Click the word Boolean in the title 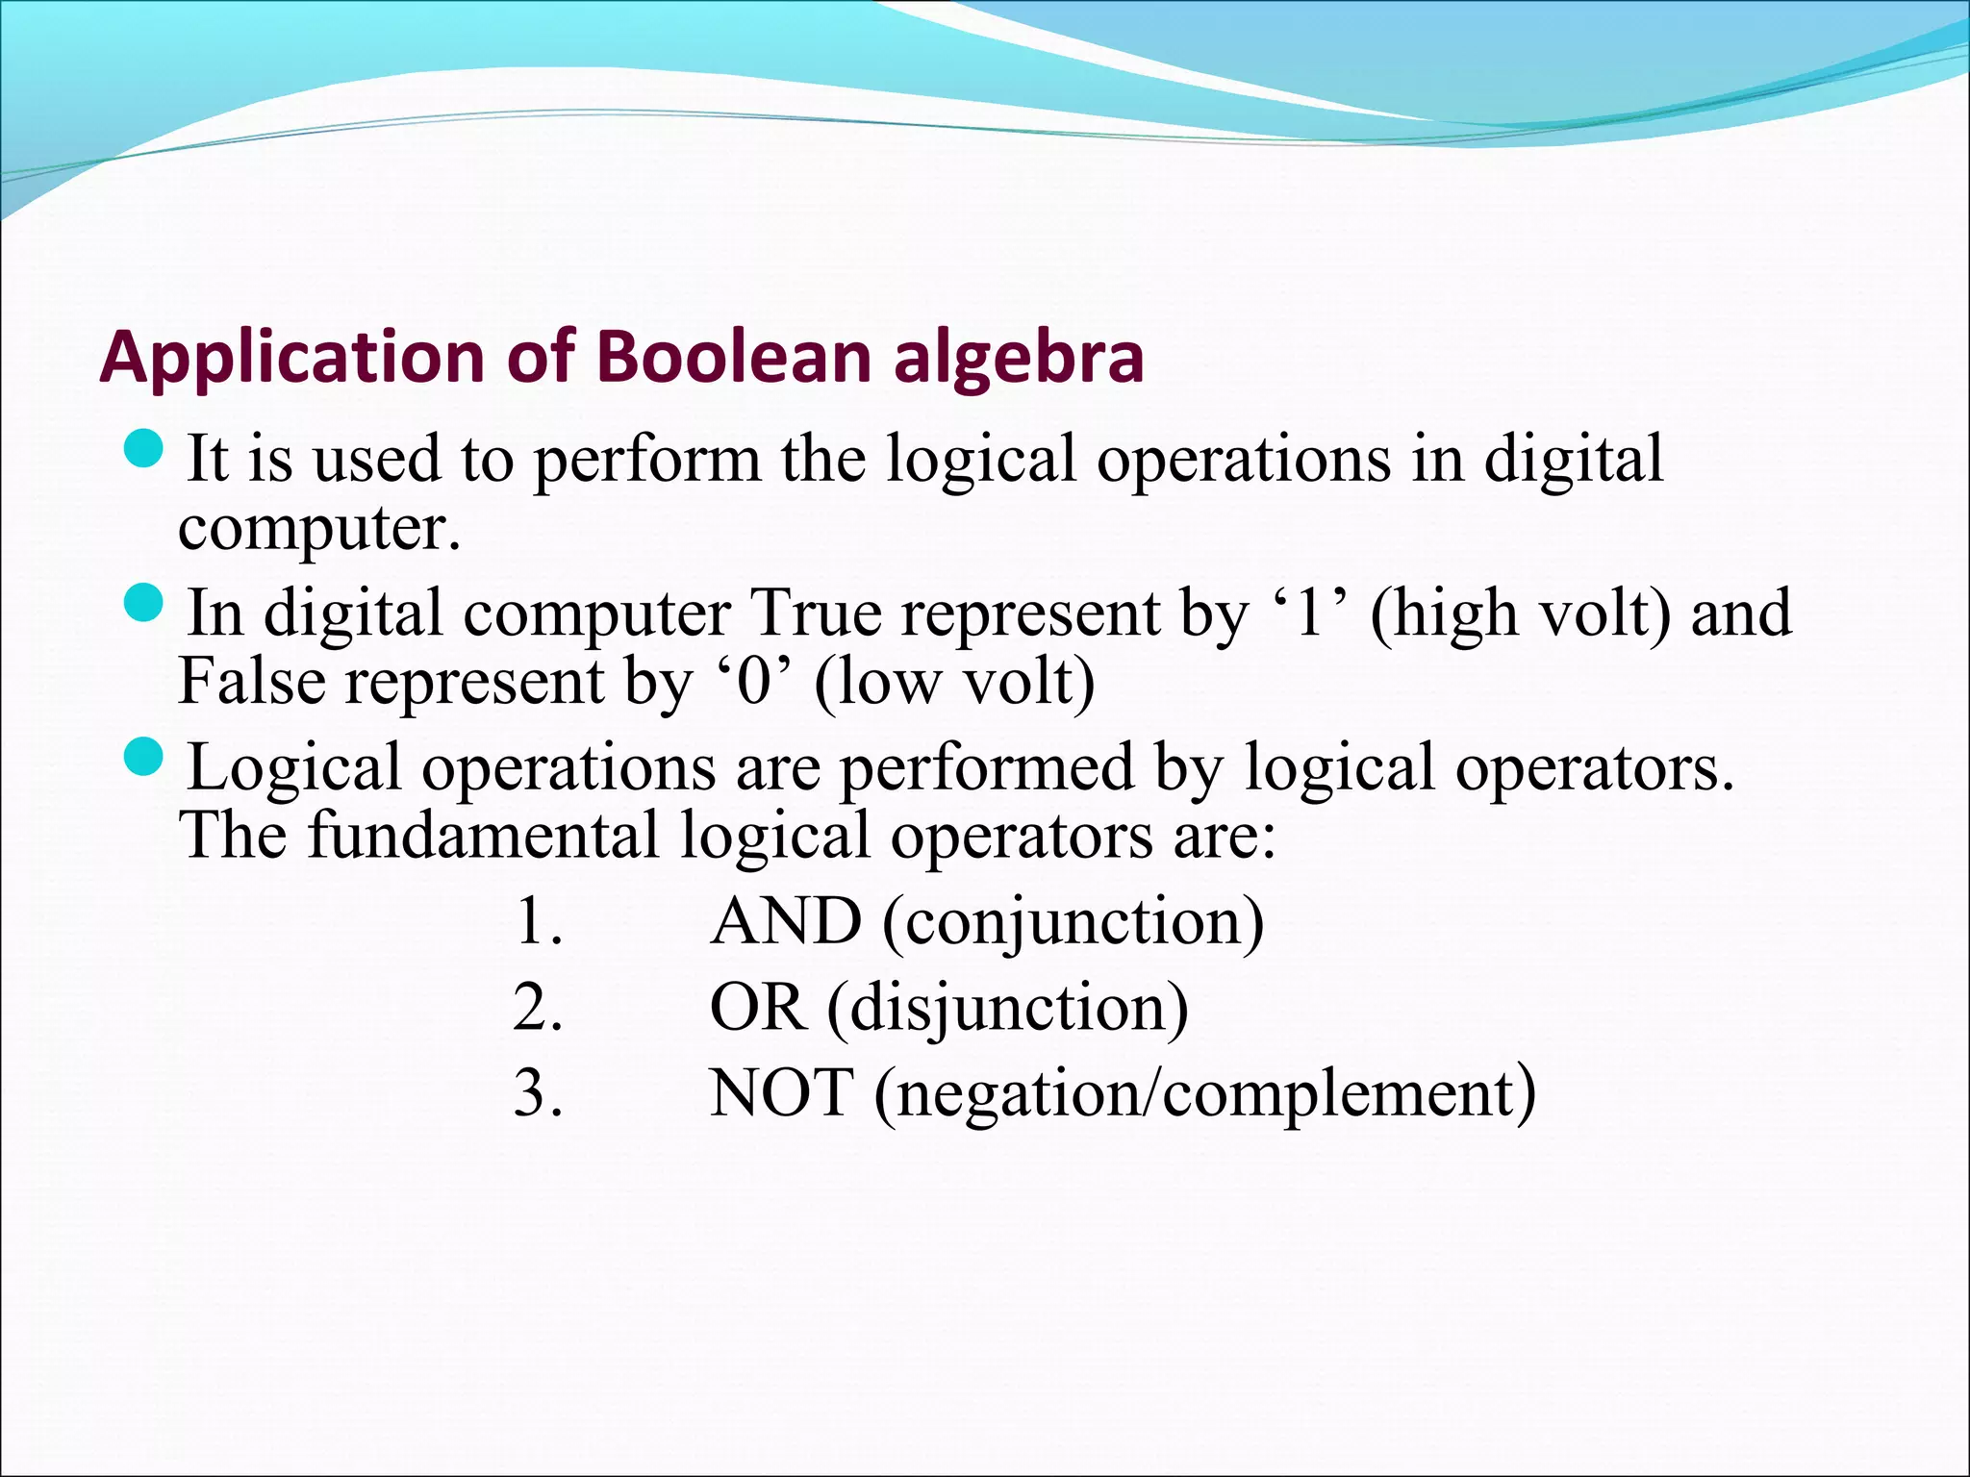click(734, 357)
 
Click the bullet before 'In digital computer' click(146, 604)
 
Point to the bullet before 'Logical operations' click(146, 758)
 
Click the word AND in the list click(785, 921)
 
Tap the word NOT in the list click(781, 1093)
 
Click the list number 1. click(537, 921)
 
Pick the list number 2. click(537, 1008)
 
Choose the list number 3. click(537, 1093)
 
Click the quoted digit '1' click(1309, 613)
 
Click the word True click(815, 613)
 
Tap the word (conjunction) click(1072, 923)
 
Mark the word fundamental click(483, 835)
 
